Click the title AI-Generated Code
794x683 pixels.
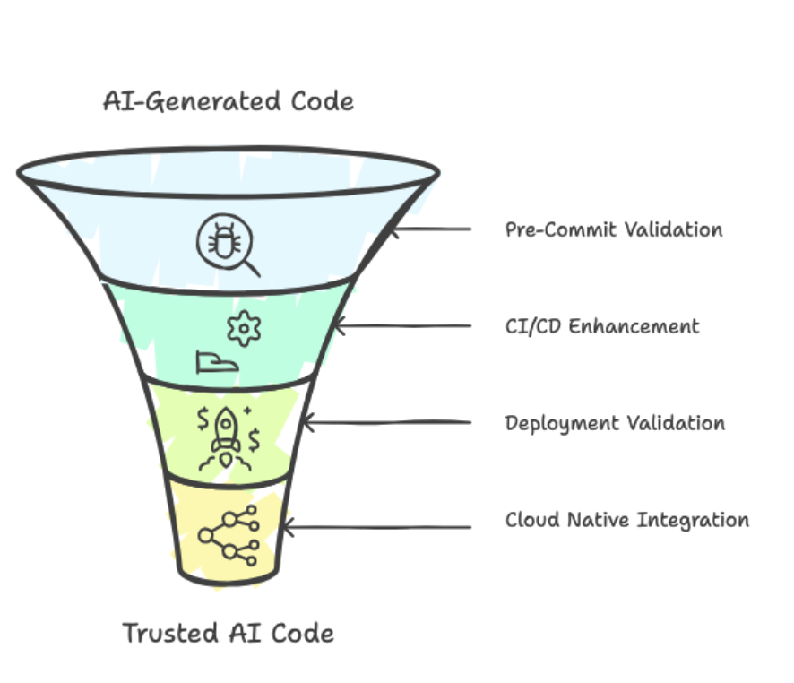click(x=229, y=101)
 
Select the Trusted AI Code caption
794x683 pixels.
click(x=228, y=634)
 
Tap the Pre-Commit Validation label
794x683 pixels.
click(x=614, y=229)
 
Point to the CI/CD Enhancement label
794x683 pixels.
click(x=602, y=325)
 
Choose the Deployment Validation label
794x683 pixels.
click(x=615, y=423)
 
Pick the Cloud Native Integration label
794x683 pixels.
click(x=627, y=520)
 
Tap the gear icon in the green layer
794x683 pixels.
click(x=242, y=329)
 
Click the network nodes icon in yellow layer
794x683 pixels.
click(x=229, y=535)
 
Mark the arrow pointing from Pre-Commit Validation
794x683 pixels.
click(x=430, y=229)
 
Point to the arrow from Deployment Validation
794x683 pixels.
click(x=386, y=422)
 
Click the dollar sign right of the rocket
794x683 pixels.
click(x=255, y=438)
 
